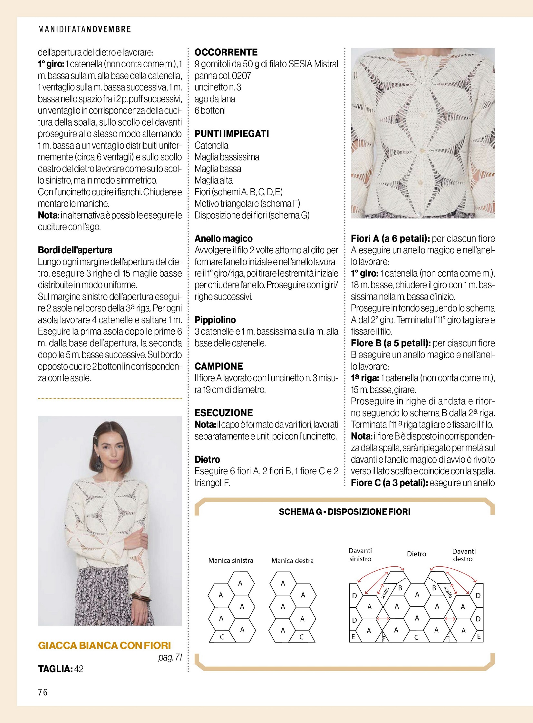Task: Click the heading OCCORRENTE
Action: (226, 52)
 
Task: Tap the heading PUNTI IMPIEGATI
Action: (231, 134)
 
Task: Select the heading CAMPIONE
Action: (218, 366)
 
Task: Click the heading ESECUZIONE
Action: (223, 413)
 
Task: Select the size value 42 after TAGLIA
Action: (79, 669)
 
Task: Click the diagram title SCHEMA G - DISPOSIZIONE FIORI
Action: (344, 512)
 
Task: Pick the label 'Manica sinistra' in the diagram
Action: (231, 560)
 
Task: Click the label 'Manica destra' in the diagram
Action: (292, 561)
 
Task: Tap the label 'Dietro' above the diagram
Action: (416, 554)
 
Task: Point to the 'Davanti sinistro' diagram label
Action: (360, 555)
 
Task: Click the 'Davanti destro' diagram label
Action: (464, 555)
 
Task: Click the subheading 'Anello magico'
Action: (223, 238)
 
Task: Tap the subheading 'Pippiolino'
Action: (215, 320)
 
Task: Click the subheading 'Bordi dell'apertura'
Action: (75, 250)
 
